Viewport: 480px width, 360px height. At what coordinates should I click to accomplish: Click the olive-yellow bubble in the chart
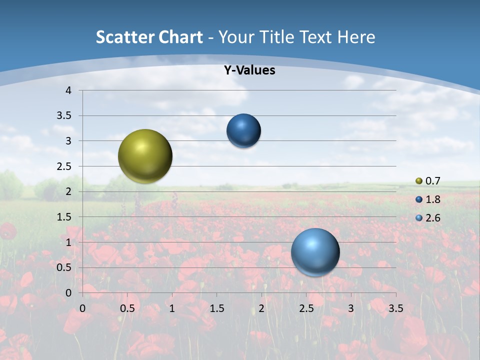pyautogui.click(x=145, y=156)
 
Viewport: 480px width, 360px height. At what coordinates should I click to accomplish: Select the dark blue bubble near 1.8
pyautogui.click(x=243, y=131)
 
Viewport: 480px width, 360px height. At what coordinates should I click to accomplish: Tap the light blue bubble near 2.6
pyautogui.click(x=315, y=252)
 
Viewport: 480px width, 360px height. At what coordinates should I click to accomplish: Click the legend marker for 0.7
pyautogui.click(x=419, y=181)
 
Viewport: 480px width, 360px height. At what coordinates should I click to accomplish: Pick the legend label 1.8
pyautogui.click(x=432, y=199)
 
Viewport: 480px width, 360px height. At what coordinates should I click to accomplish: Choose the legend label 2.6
pyautogui.click(x=432, y=218)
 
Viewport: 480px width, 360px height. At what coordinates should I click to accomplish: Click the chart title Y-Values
pyautogui.click(x=249, y=70)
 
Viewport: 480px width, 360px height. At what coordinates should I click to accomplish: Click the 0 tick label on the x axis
pyautogui.click(x=82, y=308)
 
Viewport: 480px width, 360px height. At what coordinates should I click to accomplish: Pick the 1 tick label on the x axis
pyautogui.click(x=172, y=308)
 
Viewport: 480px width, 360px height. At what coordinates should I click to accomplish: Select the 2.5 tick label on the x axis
pyautogui.click(x=306, y=308)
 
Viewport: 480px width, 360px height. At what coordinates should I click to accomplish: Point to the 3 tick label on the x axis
pyautogui.click(x=351, y=308)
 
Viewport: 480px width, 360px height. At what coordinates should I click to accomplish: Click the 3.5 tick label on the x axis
pyautogui.click(x=395, y=308)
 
